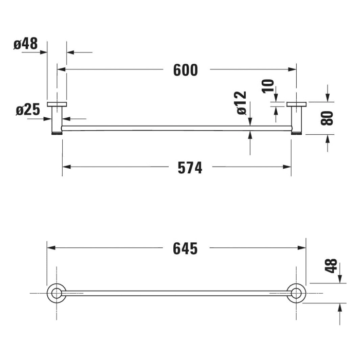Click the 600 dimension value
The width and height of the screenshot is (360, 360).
pos(185,70)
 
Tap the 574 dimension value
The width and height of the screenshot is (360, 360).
pos(189,167)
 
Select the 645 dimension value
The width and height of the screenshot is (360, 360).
pos(185,248)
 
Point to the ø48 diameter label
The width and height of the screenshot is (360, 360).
pos(26,44)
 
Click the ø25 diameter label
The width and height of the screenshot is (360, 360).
pos(28,110)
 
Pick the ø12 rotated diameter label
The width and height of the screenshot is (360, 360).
pos(242,103)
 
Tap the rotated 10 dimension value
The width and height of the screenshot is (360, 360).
pos(268,86)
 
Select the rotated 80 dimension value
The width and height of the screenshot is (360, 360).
pos(328,118)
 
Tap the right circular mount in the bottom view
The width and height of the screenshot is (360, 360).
pos(297,293)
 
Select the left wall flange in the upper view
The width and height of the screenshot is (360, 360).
pos(57,104)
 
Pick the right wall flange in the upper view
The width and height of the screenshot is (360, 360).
pos(297,104)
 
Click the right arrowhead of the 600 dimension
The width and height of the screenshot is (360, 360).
pos(294,69)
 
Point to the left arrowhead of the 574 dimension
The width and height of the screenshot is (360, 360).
pos(66,167)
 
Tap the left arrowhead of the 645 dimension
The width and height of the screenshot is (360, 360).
pos(50,248)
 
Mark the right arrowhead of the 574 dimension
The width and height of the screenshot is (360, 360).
pos(287,167)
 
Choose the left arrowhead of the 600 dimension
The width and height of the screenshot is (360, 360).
pos(60,69)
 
